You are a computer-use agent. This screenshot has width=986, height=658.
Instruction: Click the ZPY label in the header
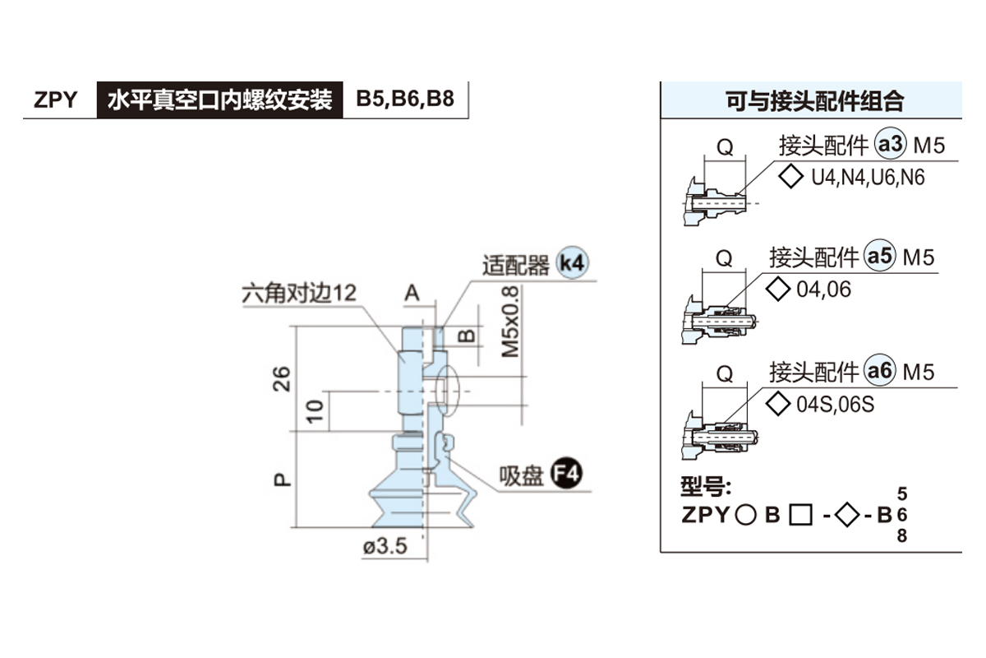tap(56, 100)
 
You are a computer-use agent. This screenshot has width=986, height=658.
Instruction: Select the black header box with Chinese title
tap(219, 100)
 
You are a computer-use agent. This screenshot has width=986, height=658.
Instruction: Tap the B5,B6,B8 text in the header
tap(404, 100)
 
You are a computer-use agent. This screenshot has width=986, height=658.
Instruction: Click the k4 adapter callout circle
tap(572, 263)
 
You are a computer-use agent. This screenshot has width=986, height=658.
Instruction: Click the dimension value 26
tap(282, 378)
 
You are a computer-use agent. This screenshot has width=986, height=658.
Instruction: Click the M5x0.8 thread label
tap(510, 321)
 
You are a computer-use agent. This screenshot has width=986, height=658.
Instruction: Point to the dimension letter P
tap(282, 478)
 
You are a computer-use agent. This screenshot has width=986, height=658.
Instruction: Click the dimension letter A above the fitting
tap(412, 292)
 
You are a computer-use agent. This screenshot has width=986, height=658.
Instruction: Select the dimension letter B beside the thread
tap(466, 336)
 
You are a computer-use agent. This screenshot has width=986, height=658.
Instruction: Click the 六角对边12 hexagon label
tap(299, 292)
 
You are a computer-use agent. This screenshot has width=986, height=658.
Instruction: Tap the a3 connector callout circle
tap(890, 146)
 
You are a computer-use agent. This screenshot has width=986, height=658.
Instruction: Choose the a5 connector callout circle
tap(880, 257)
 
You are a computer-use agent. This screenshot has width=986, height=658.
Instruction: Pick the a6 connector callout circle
tap(880, 372)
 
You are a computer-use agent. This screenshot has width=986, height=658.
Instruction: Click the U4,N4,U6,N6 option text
tap(867, 177)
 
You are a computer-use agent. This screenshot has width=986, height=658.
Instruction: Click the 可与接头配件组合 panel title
tap(814, 101)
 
